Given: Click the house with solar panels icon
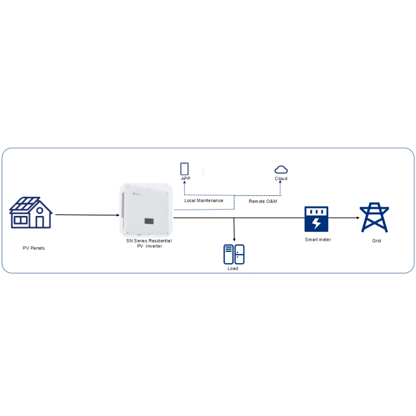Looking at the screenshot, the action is (x=31, y=213).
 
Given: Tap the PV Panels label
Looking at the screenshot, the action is (x=34, y=248).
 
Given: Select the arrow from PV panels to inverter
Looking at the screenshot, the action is (x=87, y=215).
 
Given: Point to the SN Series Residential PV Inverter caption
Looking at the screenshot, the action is (x=149, y=243).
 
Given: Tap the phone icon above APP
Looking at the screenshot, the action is (x=184, y=168).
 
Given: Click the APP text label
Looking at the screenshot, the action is (x=186, y=178).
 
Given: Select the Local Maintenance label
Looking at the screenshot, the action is (x=204, y=201).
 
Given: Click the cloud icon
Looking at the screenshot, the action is (x=281, y=169).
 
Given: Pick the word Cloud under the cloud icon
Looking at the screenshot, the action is (x=281, y=179).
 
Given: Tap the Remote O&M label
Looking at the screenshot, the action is (x=263, y=201).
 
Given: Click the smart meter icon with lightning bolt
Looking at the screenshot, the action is (x=316, y=219).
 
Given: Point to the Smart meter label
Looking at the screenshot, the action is (x=318, y=240).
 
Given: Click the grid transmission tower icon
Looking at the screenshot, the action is (x=374, y=217).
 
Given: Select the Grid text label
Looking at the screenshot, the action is (x=376, y=241).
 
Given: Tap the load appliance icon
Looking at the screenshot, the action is (x=234, y=254).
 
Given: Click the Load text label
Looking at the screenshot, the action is (x=233, y=269).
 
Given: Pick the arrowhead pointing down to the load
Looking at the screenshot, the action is (x=235, y=240).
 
